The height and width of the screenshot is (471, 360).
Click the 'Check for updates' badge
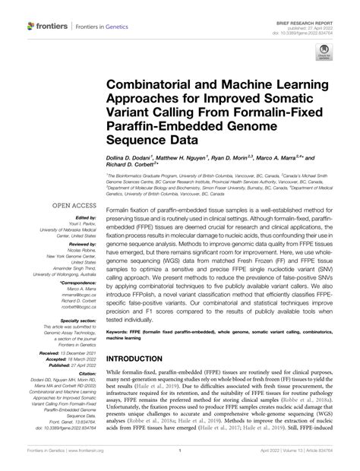tap(324, 55)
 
